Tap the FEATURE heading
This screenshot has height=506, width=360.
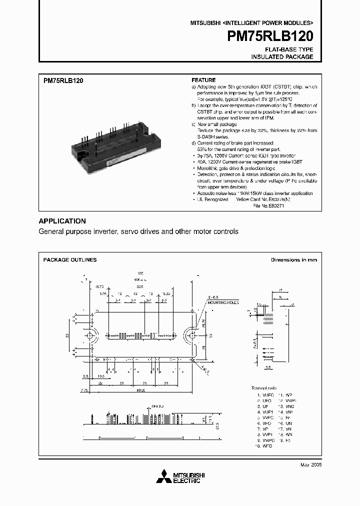click(x=203, y=80)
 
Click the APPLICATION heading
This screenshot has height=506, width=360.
click(x=62, y=221)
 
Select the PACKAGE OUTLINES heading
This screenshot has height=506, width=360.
click(x=70, y=259)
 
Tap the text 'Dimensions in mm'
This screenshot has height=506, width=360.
click(x=294, y=259)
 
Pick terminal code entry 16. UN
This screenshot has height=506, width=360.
click(x=286, y=423)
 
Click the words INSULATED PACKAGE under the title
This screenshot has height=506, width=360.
click(x=282, y=57)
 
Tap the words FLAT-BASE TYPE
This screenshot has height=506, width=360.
click(x=289, y=49)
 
